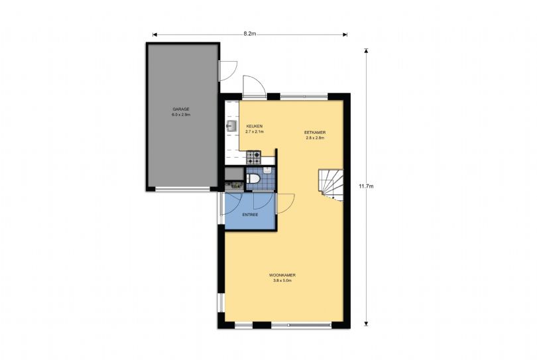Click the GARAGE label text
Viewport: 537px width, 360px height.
(x=182, y=109)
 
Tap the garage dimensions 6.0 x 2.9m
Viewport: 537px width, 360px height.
(x=182, y=115)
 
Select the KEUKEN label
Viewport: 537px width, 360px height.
(x=255, y=126)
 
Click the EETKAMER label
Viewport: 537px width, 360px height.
(x=315, y=133)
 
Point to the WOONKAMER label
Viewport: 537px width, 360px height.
(x=282, y=274)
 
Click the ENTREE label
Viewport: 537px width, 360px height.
(x=249, y=215)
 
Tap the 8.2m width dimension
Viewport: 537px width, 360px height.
(x=249, y=33)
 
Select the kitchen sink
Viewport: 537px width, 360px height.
(x=232, y=126)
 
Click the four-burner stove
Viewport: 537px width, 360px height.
(x=254, y=158)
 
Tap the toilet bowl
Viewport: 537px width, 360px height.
(x=253, y=179)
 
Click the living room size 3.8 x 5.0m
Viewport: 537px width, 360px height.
(x=282, y=280)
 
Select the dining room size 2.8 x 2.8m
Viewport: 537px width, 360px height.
(x=315, y=138)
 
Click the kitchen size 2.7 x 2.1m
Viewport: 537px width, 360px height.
(x=255, y=132)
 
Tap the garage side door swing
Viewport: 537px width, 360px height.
(x=227, y=69)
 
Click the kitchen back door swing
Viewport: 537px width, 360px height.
(x=252, y=86)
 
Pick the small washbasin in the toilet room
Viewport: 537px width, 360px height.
(x=266, y=170)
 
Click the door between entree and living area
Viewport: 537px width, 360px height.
(x=284, y=202)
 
